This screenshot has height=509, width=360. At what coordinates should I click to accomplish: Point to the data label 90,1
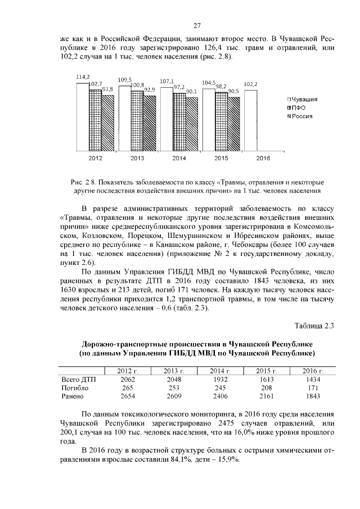[x=191, y=91]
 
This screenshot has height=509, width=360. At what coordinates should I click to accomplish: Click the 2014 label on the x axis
[x=179, y=159]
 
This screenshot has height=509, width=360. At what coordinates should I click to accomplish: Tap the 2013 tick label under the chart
[x=137, y=159]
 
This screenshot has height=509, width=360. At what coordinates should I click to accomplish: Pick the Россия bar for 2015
[x=233, y=124]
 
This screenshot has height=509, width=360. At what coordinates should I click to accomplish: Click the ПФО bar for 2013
[x=137, y=120]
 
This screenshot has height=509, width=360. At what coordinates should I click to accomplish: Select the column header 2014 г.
[x=220, y=371]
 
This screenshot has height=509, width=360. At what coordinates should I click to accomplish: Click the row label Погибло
[x=75, y=388]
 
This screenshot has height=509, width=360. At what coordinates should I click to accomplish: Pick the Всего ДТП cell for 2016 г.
[x=313, y=380]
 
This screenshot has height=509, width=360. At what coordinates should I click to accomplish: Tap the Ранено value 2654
[x=128, y=397]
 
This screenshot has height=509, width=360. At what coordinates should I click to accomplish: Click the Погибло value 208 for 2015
[x=267, y=388]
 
